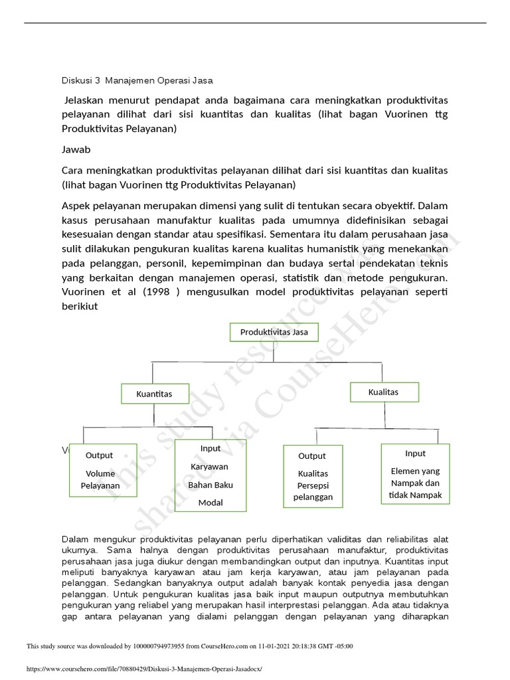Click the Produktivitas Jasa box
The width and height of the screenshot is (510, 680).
tap(274, 332)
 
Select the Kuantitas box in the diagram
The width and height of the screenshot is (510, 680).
tap(154, 394)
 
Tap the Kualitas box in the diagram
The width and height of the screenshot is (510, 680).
tap(384, 392)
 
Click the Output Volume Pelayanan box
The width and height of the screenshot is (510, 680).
tap(102, 471)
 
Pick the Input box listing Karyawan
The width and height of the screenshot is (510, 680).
tap(211, 475)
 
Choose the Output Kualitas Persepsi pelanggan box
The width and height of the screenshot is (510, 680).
tap(313, 477)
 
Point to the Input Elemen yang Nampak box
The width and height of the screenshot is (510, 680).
tap(416, 474)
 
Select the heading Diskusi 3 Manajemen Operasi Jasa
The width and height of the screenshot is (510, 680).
tap(137, 81)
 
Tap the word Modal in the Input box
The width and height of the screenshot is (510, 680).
tap(211, 503)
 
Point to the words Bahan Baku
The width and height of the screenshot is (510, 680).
tap(211, 485)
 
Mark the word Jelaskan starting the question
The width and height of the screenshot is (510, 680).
tap(86, 100)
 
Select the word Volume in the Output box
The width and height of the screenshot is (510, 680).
tap(100, 473)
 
